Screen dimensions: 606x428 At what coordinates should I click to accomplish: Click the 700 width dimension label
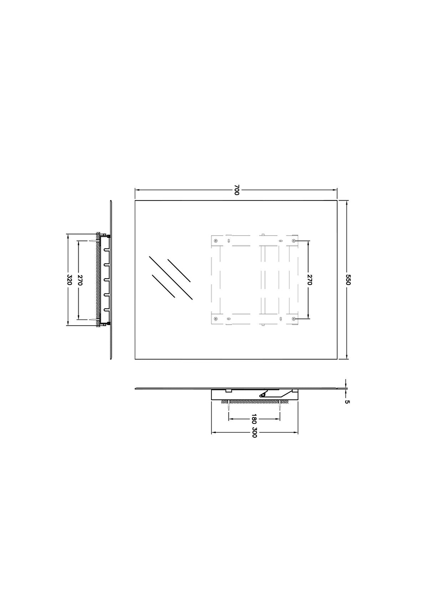pos(236,190)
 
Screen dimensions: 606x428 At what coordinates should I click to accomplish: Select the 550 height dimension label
pos(348,279)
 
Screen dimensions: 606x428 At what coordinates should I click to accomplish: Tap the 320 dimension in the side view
pos(70,280)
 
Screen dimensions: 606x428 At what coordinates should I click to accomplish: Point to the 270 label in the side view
pos(80,280)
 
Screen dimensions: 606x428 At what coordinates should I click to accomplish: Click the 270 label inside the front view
pos(309,280)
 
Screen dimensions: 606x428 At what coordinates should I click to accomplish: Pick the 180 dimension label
pos(254,418)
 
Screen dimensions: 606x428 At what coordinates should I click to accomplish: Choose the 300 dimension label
pos(254,432)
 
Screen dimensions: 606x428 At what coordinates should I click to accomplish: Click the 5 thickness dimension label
pos(347,402)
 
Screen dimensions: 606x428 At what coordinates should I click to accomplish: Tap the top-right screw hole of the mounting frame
pos(294,241)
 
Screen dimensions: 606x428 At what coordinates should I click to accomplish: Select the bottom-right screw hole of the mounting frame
pos(294,318)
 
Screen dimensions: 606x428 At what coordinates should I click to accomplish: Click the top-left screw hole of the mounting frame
pos(215,241)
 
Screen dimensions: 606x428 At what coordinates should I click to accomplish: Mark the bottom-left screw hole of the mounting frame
pos(215,318)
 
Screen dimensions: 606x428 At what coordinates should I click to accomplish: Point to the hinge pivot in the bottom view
pos(263,394)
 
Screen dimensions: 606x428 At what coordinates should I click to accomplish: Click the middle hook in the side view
pos(106,280)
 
